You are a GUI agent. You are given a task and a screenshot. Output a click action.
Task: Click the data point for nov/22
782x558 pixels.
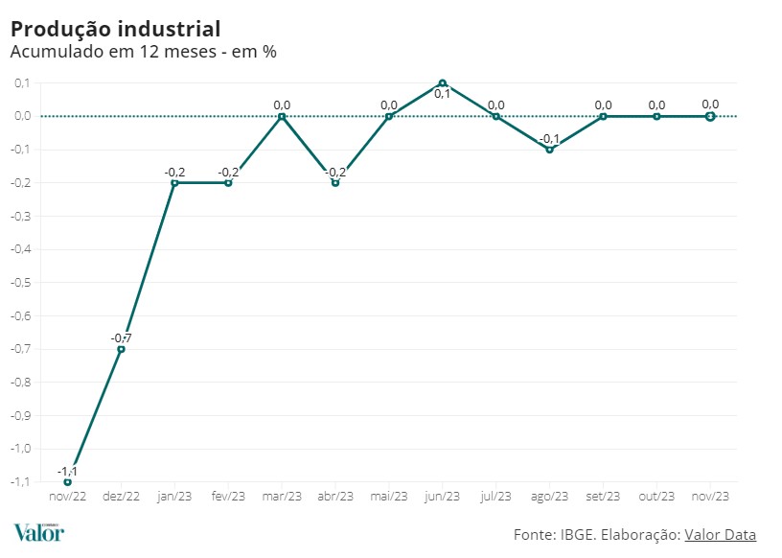(x=67, y=481)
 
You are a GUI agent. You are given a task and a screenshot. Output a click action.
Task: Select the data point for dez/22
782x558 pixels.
(x=121, y=349)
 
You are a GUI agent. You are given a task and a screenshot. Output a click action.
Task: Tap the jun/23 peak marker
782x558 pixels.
(x=443, y=83)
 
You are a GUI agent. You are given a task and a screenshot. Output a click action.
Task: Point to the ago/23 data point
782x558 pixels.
(x=549, y=150)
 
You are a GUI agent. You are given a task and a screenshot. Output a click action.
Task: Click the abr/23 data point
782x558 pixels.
(x=335, y=182)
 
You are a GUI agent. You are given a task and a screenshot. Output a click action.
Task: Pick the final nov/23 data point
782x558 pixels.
(x=710, y=116)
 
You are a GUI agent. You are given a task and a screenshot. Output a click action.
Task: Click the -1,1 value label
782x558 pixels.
(x=67, y=471)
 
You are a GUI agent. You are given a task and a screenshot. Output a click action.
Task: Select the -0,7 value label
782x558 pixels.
(x=121, y=338)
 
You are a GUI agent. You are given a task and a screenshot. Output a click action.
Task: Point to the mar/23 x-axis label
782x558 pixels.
(x=282, y=497)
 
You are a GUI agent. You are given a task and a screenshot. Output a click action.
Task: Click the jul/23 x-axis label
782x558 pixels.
(x=495, y=497)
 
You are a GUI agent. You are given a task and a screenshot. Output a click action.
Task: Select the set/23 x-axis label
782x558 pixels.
(x=603, y=497)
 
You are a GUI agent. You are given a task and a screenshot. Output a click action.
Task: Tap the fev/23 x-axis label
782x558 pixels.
(x=228, y=497)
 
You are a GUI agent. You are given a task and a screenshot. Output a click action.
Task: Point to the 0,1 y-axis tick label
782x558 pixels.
(x=21, y=83)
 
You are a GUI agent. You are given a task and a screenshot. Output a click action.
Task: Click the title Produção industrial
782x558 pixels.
(x=115, y=28)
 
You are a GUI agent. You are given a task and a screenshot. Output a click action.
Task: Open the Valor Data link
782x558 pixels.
(x=721, y=534)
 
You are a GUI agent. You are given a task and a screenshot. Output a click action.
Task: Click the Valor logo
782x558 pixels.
(x=38, y=533)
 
